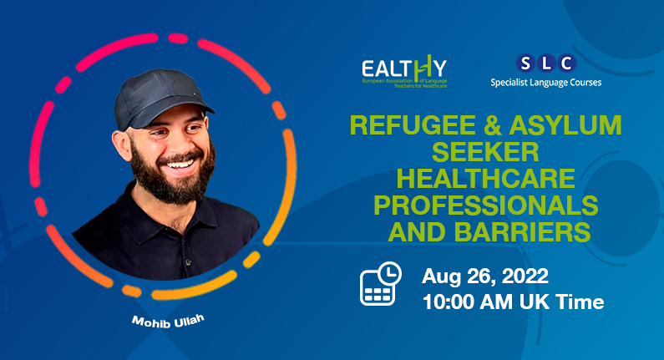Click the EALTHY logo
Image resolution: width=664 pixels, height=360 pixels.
(404, 71)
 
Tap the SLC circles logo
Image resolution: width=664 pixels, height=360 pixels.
(545, 62)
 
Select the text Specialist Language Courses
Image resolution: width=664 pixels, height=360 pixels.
(545, 83)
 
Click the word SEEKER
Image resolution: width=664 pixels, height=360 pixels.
(485, 153)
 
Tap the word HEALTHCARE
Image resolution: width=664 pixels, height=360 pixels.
(486, 179)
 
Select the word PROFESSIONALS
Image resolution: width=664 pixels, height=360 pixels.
(486, 205)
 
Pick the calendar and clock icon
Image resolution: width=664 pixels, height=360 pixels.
(380, 284)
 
